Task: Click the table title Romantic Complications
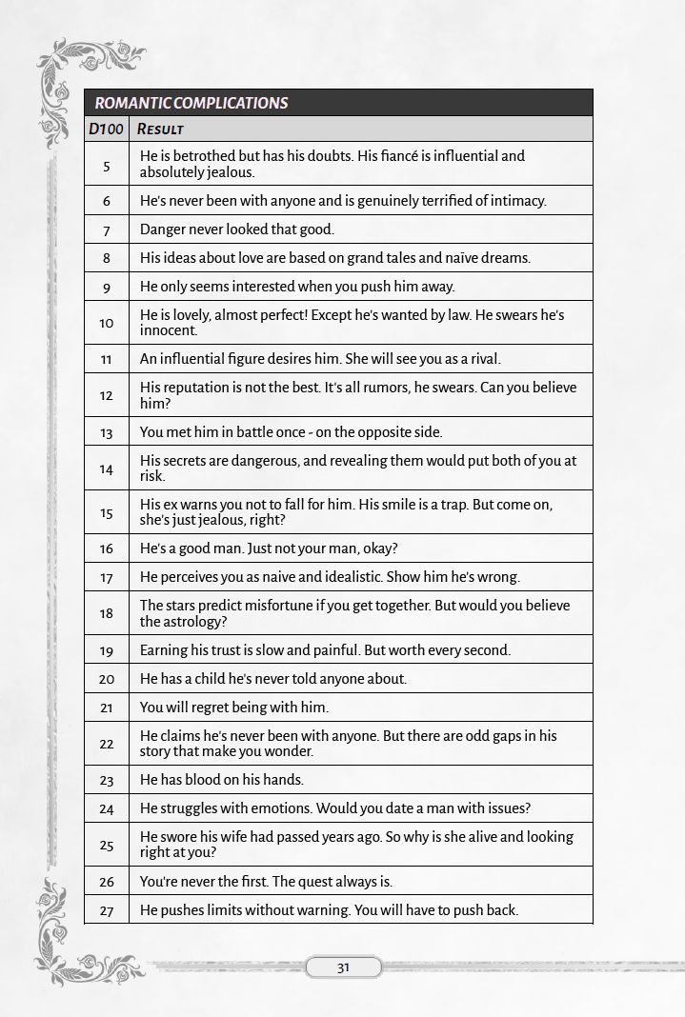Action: pos(191,103)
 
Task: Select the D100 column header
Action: pos(106,129)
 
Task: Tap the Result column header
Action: pos(160,129)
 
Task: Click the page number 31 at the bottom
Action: pos(343,967)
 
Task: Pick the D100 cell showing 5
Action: pos(106,165)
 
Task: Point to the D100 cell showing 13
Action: pos(106,432)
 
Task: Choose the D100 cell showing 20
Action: pos(106,679)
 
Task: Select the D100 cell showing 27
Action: pos(106,910)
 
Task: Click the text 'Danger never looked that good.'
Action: pos(237,229)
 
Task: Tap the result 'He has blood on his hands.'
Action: pos(222,780)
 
